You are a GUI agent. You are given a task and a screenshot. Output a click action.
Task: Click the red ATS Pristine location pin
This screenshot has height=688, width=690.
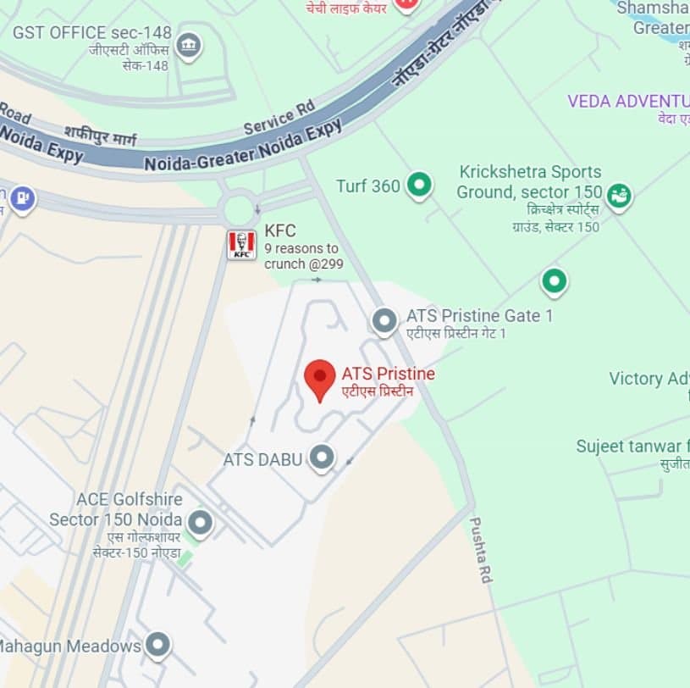(320, 379)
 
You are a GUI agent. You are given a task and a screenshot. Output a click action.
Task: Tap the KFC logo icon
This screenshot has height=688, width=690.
(241, 245)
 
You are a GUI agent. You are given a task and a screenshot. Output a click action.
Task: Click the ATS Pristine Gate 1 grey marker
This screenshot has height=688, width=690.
(384, 321)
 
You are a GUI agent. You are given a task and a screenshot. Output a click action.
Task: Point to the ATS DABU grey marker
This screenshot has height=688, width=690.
(322, 458)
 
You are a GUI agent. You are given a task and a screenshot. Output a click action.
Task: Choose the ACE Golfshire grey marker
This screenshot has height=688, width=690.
(200, 523)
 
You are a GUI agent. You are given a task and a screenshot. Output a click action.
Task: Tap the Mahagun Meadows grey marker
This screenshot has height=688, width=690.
(157, 646)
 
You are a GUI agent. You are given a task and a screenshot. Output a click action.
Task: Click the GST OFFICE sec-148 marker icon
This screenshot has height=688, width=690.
(190, 45)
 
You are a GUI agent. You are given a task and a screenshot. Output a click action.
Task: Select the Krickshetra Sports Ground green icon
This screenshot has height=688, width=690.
(620, 197)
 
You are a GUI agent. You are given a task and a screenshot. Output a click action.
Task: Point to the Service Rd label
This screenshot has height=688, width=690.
(279, 116)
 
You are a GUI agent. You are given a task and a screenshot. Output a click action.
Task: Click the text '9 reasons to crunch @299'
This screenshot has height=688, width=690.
(301, 256)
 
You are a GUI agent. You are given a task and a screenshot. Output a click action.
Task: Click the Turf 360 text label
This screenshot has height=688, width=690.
(367, 186)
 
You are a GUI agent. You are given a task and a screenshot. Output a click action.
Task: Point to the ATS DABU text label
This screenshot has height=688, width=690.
(262, 459)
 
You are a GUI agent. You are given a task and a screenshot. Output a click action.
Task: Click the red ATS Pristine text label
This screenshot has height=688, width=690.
(388, 374)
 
